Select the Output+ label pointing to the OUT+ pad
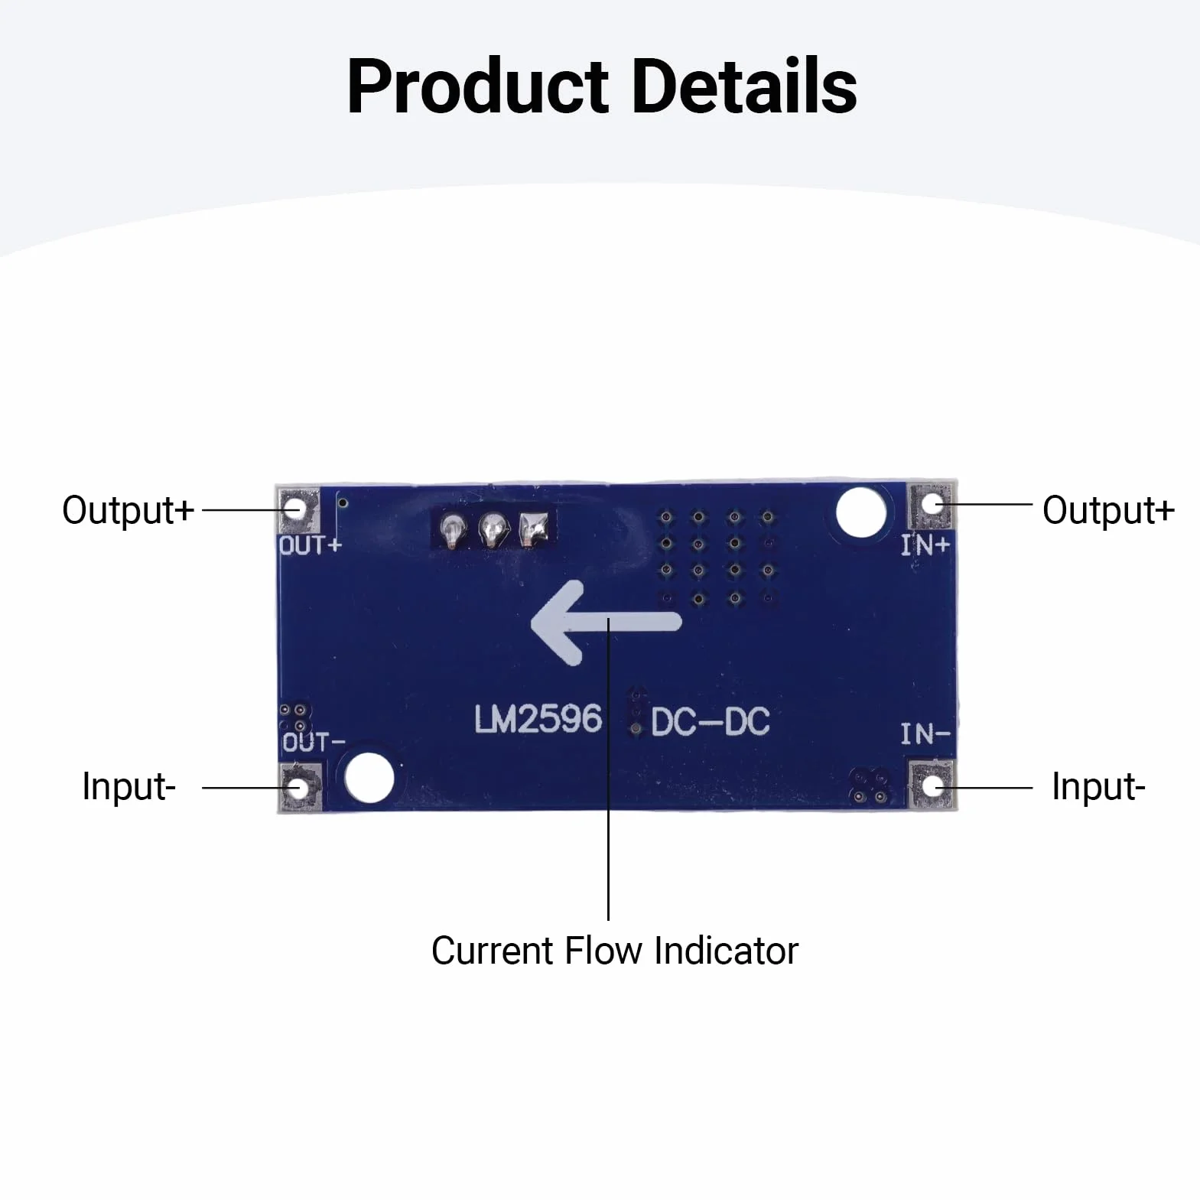click(x=128, y=510)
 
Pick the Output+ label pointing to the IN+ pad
click(x=1108, y=510)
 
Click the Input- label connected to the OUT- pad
click(x=129, y=786)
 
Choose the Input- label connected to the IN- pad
click(x=1098, y=786)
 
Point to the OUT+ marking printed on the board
click(x=310, y=545)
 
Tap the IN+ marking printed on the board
click(x=925, y=545)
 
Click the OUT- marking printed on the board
click(x=314, y=742)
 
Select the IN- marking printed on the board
click(x=925, y=734)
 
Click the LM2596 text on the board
click(x=538, y=719)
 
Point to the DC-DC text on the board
click(x=711, y=722)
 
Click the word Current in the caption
click(x=493, y=951)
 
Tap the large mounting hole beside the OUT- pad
click(x=369, y=778)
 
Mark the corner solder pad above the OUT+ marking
click(x=299, y=509)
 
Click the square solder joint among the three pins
click(x=533, y=528)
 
